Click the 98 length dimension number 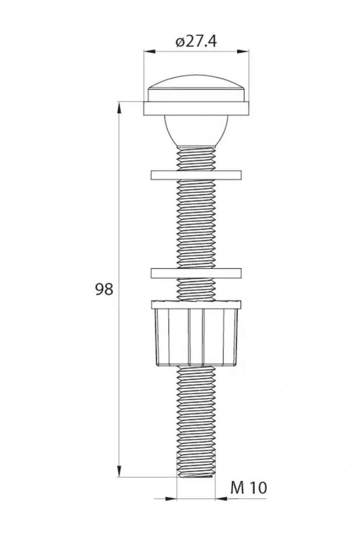click(x=104, y=289)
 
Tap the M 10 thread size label click(x=248, y=487)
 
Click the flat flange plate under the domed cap click(x=196, y=109)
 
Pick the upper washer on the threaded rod click(x=196, y=175)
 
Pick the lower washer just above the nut click(x=196, y=273)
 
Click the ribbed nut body click(x=196, y=337)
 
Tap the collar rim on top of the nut click(x=196, y=305)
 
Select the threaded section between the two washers click(x=196, y=224)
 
